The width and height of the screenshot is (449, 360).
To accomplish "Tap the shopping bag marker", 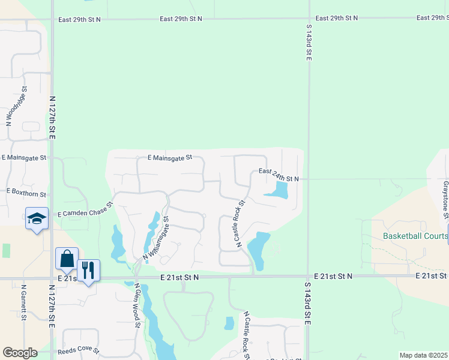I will point(67,259).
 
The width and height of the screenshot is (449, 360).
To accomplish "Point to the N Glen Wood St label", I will point(137,306).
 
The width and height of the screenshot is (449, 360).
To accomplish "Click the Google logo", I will point(20,353).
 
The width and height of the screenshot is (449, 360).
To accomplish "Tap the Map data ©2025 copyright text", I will point(423,355).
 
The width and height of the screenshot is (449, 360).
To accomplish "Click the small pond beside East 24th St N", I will point(278,191).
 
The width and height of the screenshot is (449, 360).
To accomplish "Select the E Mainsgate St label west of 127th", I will point(23,158).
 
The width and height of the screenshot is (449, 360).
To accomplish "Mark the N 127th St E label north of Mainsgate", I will point(52,118).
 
